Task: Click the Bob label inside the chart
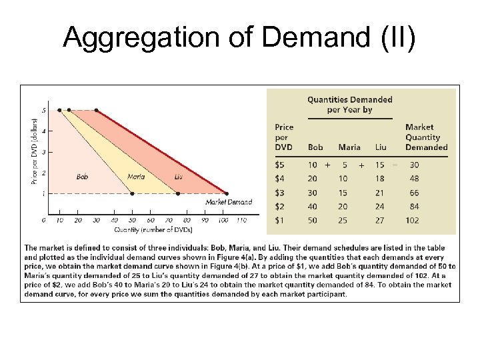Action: (83, 177)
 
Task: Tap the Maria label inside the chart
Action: (135, 177)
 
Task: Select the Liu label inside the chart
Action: (178, 177)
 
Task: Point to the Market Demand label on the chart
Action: (229, 201)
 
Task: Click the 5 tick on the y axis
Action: (44, 110)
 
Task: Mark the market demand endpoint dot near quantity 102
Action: (227, 193)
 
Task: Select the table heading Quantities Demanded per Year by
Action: (349, 105)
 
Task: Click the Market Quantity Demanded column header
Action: (426, 137)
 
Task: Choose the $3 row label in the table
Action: (283, 192)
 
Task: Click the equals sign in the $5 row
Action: (394, 164)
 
